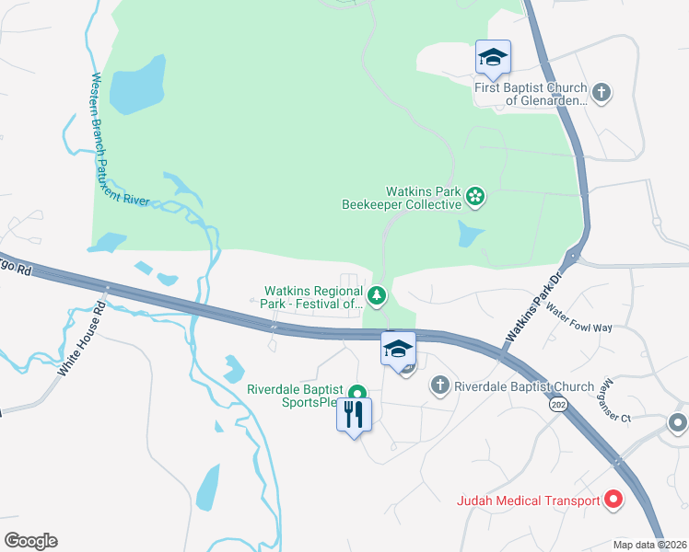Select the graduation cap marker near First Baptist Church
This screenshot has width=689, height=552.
coord(493,58)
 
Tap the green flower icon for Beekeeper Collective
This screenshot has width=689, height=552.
coord(475,195)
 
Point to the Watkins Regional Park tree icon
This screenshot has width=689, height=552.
coord(376,295)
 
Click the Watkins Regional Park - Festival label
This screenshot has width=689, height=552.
coord(314,297)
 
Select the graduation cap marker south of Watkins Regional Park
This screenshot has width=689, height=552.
coord(398,350)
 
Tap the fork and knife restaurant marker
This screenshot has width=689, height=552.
coord(354,415)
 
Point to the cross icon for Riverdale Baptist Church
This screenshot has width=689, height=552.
coord(440,385)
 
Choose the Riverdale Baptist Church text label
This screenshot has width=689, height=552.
coord(524,386)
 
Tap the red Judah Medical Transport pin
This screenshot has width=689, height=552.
coord(613,500)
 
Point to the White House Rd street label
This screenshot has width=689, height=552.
coord(84,341)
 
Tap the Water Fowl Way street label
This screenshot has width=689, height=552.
coord(578,319)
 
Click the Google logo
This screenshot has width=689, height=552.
coord(30,541)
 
